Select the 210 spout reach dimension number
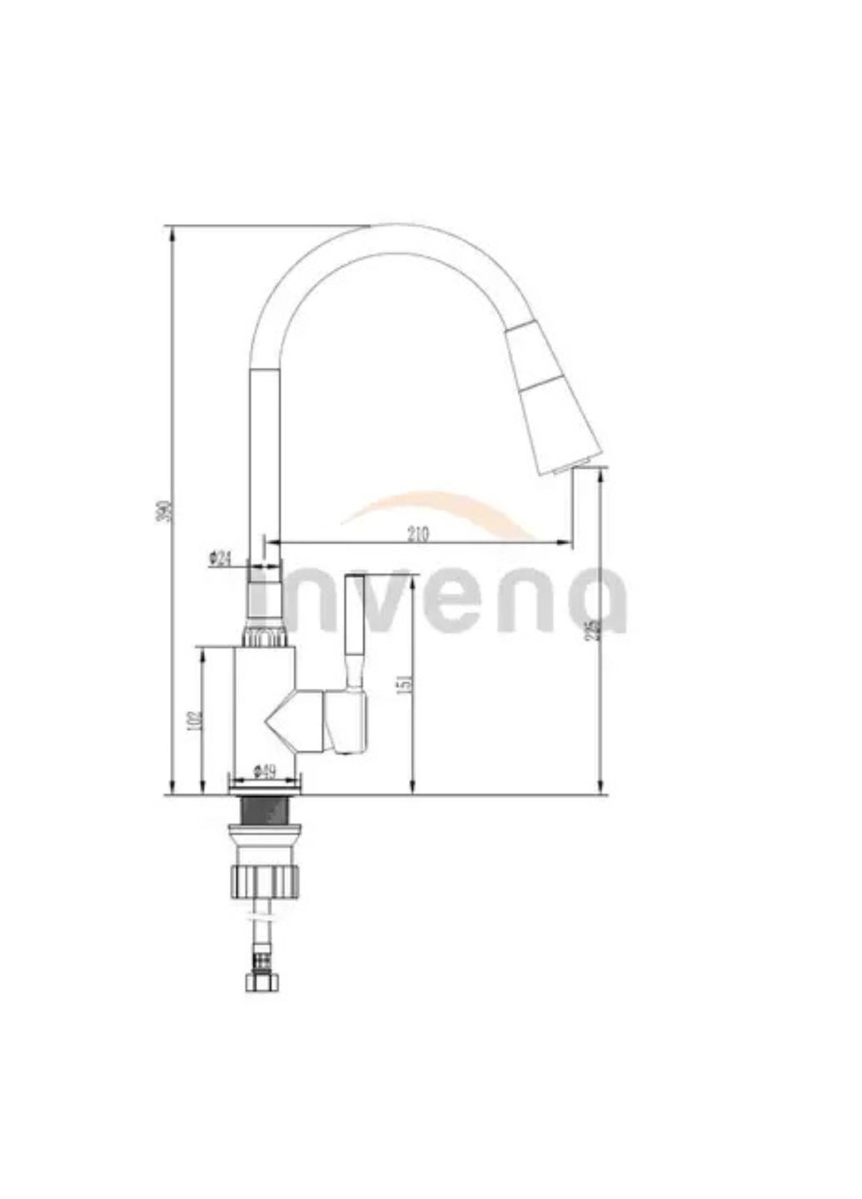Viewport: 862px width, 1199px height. [x=418, y=534]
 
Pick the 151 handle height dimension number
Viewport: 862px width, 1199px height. [x=405, y=683]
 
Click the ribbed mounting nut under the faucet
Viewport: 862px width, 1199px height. [x=264, y=879]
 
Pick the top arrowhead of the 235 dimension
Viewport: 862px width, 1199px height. [x=600, y=475]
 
